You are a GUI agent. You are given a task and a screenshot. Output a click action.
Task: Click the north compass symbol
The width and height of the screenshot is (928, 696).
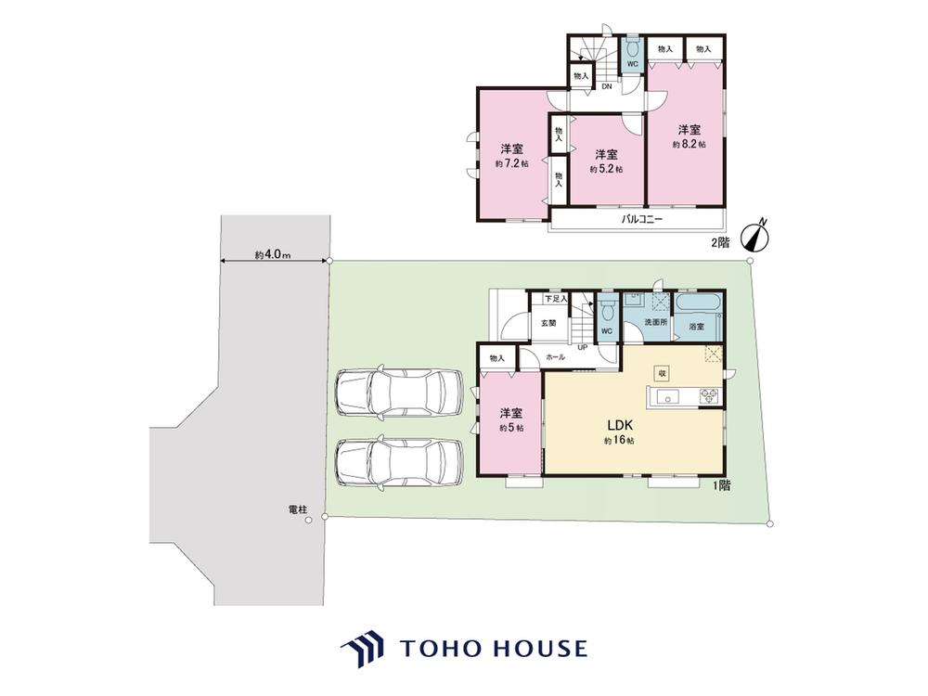(755, 234)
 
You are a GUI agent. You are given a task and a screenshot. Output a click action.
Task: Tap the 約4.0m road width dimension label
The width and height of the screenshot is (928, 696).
(273, 255)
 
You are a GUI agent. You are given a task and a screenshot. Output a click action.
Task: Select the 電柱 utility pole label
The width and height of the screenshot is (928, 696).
(298, 509)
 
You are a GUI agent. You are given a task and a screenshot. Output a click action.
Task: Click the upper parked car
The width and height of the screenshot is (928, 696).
(399, 393)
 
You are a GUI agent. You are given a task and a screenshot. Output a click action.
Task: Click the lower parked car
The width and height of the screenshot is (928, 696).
(399, 462)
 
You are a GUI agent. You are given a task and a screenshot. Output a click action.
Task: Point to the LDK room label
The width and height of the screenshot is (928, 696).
(620, 425)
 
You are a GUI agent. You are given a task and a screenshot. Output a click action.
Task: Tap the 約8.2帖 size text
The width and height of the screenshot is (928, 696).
(690, 144)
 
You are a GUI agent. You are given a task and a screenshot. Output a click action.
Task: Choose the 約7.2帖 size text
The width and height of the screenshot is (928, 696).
(512, 164)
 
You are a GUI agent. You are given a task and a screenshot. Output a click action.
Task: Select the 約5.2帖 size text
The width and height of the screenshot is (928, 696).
(606, 169)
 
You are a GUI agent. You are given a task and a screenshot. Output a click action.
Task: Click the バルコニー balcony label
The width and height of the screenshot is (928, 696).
(641, 220)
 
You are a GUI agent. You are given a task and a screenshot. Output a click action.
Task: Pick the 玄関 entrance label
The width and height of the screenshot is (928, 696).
(548, 323)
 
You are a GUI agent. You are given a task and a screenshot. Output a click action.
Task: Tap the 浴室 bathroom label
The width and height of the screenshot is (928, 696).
(697, 327)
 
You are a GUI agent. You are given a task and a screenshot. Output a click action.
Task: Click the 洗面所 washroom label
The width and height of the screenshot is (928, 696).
(656, 323)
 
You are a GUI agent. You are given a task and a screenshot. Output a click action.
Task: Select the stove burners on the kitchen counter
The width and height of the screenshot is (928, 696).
(709, 396)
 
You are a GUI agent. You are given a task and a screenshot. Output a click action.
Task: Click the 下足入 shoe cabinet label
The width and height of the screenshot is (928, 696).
(556, 299)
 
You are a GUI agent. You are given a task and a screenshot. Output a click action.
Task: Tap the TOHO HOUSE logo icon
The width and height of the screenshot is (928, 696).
(362, 649)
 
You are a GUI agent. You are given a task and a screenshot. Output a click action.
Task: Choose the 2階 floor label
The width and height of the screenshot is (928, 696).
(720, 242)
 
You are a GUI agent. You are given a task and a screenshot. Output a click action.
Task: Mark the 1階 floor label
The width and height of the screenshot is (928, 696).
(721, 486)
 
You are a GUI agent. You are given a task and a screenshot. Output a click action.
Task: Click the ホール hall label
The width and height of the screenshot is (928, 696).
(555, 357)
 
